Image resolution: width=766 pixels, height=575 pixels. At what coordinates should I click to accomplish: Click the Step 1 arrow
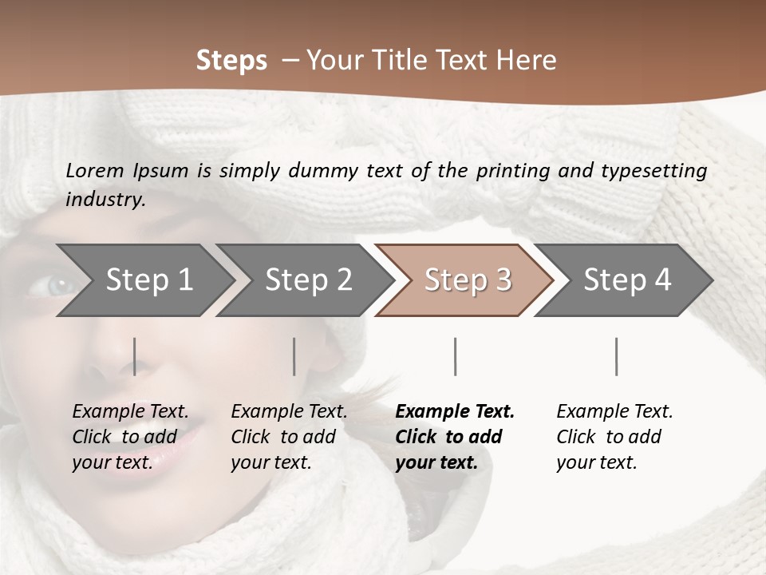click(x=148, y=280)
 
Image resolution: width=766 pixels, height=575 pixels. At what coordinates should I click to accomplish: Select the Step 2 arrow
click(x=307, y=280)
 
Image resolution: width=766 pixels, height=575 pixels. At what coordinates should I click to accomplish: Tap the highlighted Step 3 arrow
click(x=467, y=280)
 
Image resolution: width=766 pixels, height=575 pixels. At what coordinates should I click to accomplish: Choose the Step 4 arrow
click(x=626, y=280)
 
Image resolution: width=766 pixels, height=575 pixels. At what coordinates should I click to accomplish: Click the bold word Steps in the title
click(x=231, y=60)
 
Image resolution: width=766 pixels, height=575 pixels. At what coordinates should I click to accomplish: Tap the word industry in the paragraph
click(x=105, y=199)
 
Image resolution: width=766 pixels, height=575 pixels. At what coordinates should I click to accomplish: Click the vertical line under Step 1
click(x=135, y=356)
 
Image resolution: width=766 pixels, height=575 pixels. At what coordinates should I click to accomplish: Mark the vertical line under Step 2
click(x=294, y=356)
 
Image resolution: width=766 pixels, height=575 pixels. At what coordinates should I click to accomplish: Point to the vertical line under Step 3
click(x=455, y=356)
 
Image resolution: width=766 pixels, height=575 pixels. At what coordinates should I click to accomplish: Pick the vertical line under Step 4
click(x=616, y=356)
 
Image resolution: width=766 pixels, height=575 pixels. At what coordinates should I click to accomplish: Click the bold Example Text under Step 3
click(x=455, y=411)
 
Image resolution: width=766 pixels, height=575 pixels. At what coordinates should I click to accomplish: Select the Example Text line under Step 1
click(x=130, y=411)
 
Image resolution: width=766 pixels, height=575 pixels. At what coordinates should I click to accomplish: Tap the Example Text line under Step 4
click(x=614, y=411)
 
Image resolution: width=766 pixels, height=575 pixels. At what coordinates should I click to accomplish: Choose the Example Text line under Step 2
click(x=289, y=411)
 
